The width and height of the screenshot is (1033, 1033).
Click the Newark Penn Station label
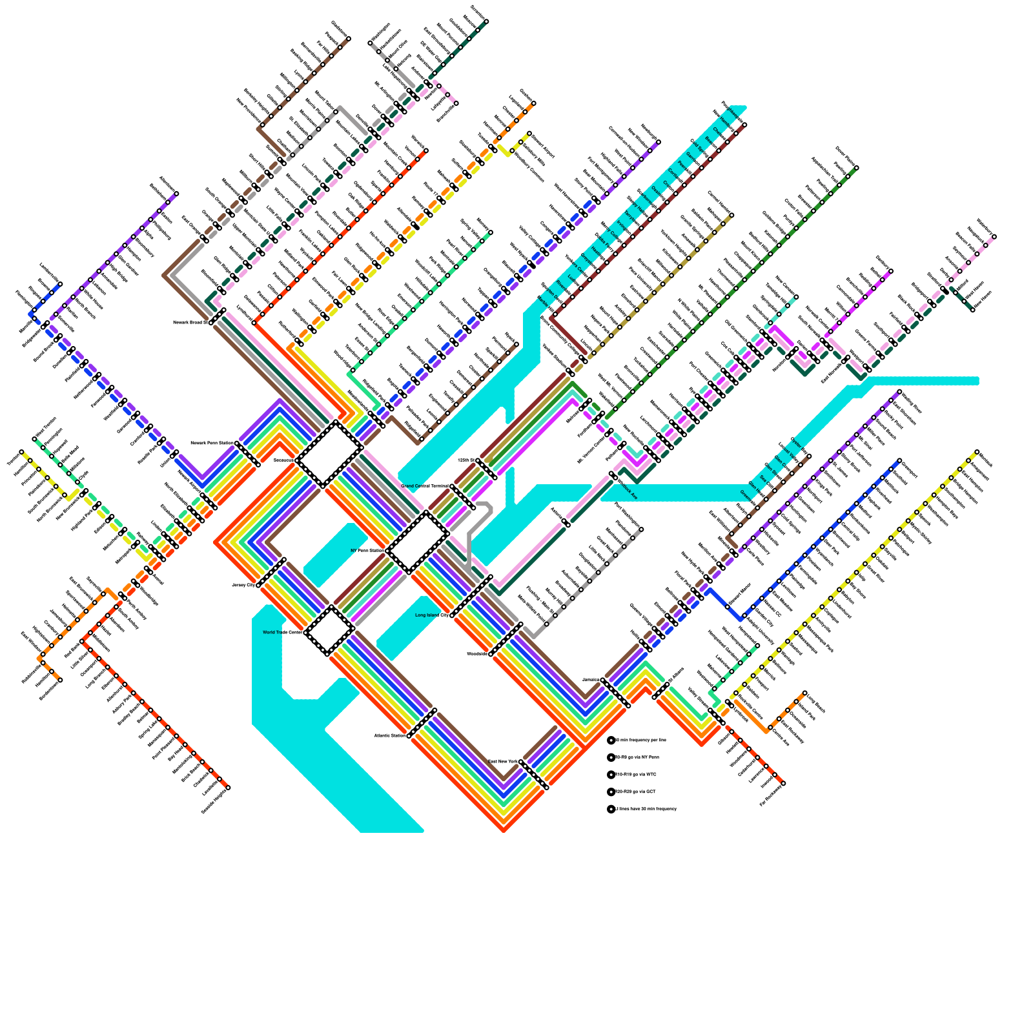212,444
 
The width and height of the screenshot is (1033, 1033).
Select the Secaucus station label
284,460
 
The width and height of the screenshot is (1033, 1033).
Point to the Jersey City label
244,585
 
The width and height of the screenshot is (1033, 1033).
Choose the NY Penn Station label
367,551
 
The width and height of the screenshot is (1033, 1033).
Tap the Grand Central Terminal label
425,486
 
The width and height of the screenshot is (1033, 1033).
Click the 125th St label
466,460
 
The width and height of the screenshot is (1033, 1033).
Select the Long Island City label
432,615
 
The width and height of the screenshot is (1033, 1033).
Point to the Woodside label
478,654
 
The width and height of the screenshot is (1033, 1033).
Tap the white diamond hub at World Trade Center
329,630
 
